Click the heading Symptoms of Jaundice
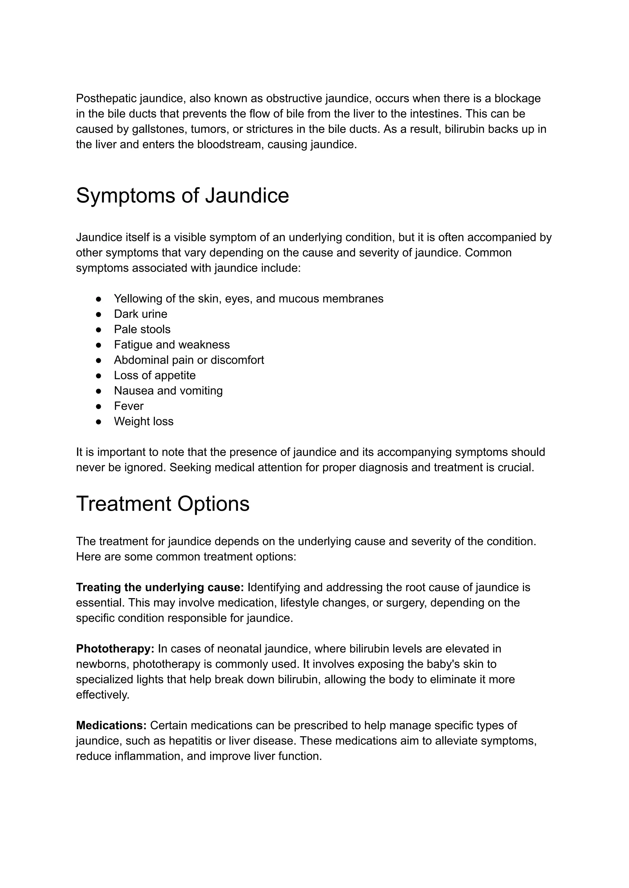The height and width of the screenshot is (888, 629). tap(182, 196)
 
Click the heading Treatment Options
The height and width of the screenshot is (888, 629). tap(163, 504)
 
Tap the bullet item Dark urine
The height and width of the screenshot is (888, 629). tap(140, 314)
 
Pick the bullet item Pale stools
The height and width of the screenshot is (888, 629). tap(142, 329)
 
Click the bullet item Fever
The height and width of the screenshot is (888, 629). tap(129, 406)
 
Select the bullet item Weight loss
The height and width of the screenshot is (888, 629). tap(143, 421)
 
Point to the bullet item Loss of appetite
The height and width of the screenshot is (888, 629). tap(154, 375)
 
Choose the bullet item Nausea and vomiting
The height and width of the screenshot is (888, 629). tap(168, 391)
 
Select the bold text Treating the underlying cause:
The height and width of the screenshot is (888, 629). tap(160, 587)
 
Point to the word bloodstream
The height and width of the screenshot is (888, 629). tap(230, 145)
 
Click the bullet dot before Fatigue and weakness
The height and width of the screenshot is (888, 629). tap(98, 345)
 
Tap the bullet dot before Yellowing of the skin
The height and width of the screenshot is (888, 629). tap(98, 299)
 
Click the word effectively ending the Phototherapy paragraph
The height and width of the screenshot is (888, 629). tap(102, 695)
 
